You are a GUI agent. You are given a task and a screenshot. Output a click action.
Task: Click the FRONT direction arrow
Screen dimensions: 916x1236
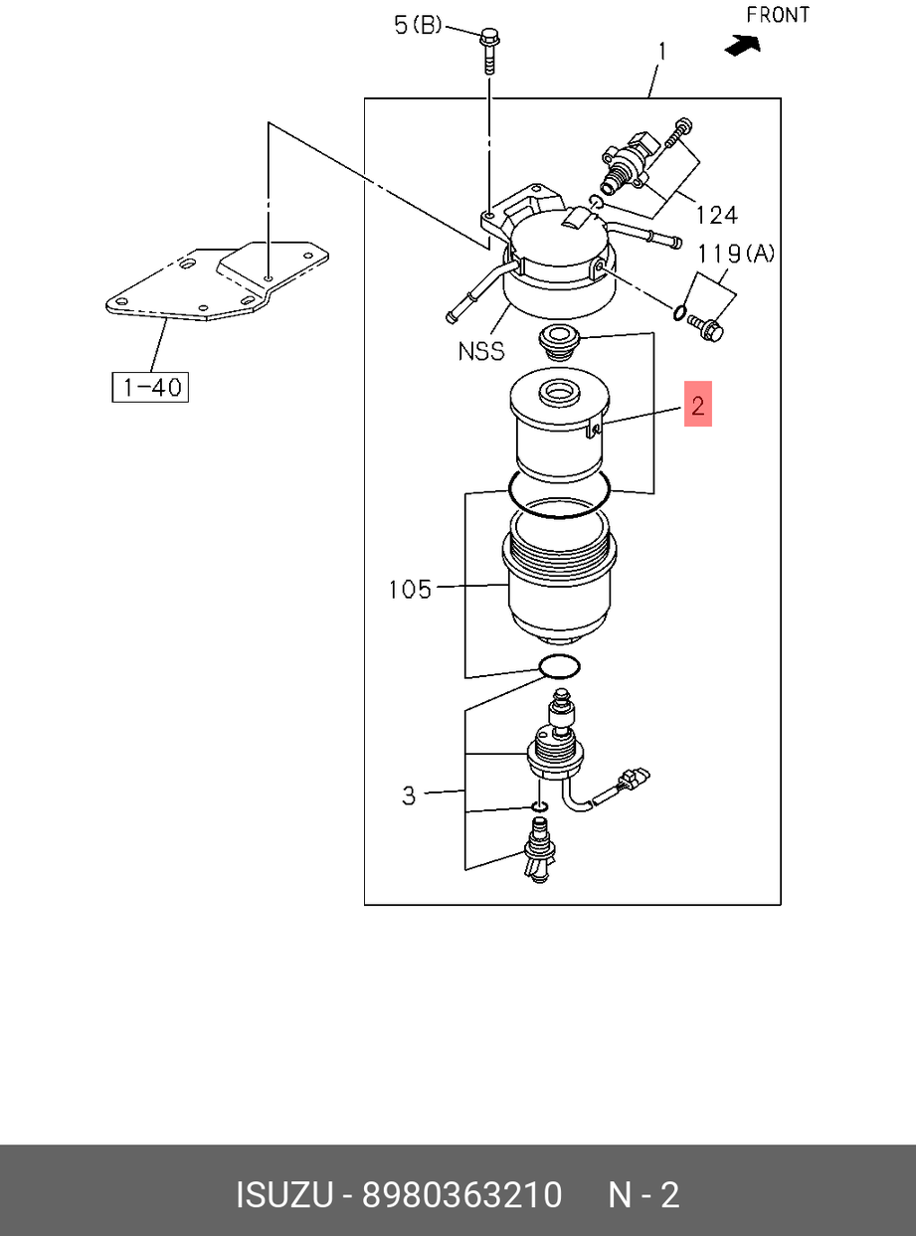pos(743,46)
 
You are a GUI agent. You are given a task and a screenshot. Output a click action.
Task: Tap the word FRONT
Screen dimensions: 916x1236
pos(778,15)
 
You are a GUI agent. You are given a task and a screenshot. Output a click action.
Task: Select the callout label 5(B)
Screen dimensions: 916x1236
pos(418,25)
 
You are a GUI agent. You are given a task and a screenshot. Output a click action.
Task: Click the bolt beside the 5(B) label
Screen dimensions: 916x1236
pos(489,51)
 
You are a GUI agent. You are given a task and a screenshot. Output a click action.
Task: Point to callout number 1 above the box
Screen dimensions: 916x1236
pos(661,52)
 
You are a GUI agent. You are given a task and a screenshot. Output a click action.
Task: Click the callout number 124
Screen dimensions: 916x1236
pos(717,215)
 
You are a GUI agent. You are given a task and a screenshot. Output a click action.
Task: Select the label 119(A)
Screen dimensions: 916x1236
pos(736,255)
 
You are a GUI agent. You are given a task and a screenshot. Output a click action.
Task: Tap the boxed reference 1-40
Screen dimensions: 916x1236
pos(150,387)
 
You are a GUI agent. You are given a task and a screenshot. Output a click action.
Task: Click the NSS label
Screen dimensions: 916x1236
pos(481,351)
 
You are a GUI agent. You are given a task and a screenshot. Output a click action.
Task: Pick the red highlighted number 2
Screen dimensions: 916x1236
pos(698,404)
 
